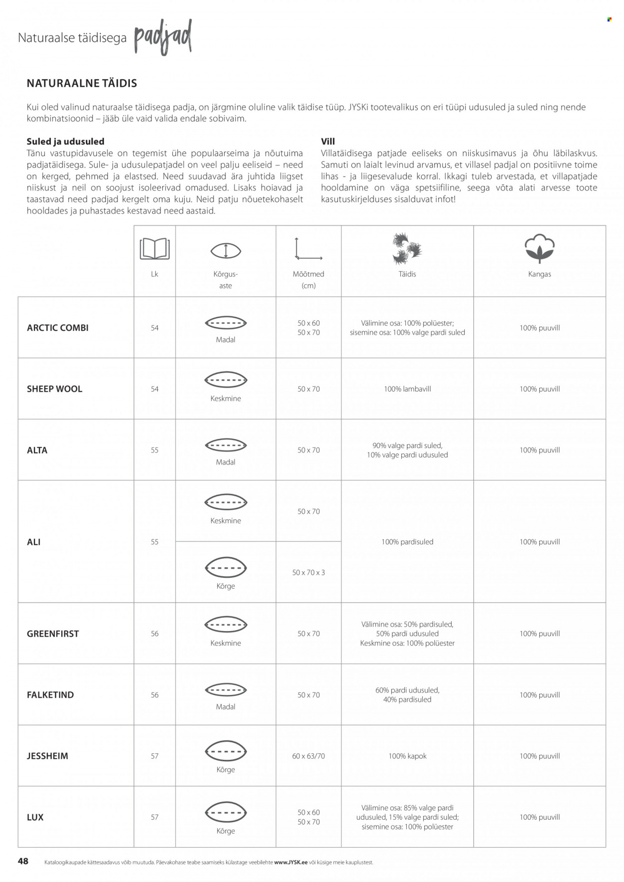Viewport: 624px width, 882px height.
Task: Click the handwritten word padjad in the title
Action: pyautogui.click(x=163, y=37)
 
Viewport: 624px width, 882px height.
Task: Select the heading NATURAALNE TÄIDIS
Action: pyautogui.click(x=82, y=83)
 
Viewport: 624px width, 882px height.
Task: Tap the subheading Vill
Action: pyautogui.click(x=328, y=141)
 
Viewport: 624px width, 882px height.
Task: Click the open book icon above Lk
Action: pyautogui.click(x=155, y=248)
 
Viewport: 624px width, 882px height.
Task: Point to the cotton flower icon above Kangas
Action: pyautogui.click(x=539, y=248)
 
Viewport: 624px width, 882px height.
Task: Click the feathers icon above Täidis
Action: pyautogui.click(x=407, y=248)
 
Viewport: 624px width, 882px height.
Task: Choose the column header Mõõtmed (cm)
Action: pyautogui.click(x=309, y=279)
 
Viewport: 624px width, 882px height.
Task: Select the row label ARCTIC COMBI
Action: pyautogui.click(x=57, y=328)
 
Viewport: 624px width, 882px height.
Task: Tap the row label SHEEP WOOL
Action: pyautogui.click(x=54, y=389)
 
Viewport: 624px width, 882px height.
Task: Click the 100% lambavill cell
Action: pyautogui.click(x=407, y=389)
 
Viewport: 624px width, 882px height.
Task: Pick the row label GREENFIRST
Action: pyautogui.click(x=53, y=634)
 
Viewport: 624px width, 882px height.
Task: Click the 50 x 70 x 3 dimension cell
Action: pyautogui.click(x=309, y=572)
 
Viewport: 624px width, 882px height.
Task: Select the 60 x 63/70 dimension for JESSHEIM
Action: pyautogui.click(x=309, y=756)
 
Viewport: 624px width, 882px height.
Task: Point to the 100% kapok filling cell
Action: pyautogui.click(x=407, y=756)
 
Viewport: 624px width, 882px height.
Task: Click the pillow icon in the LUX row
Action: pyautogui.click(x=226, y=812)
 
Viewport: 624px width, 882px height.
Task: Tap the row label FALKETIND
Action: pyautogui.click(x=50, y=694)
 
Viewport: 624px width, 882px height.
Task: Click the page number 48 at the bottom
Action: pyautogui.click(x=23, y=861)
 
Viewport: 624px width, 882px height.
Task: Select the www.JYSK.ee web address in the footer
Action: pyautogui.click(x=291, y=862)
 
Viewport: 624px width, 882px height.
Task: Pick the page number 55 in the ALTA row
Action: pyautogui.click(x=155, y=450)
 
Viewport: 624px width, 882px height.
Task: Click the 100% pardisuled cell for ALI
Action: pyautogui.click(x=407, y=542)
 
